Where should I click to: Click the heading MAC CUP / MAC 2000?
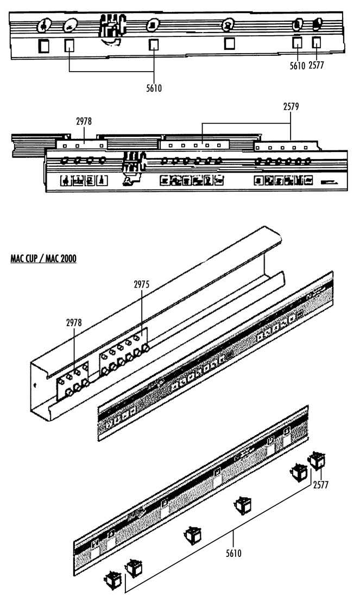point(43,259)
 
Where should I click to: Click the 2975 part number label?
point(141,284)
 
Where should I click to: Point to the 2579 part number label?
point(290,107)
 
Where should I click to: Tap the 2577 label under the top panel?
point(316,66)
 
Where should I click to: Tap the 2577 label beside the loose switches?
point(320,485)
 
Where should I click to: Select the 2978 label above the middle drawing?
point(84,122)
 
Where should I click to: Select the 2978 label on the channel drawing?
point(74,323)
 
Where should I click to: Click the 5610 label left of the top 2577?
point(297,66)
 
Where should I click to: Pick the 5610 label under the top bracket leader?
point(154,88)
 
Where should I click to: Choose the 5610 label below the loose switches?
point(233,553)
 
